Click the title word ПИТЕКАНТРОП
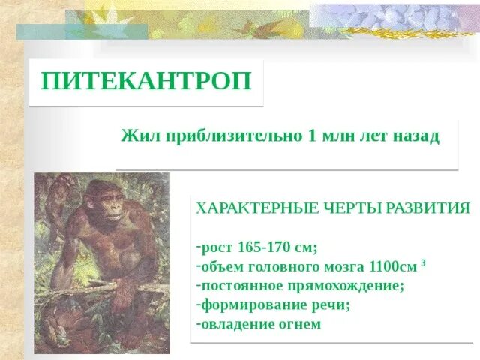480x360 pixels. coord(146,81)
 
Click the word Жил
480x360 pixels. coord(136,138)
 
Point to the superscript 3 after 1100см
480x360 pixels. coord(424,262)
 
